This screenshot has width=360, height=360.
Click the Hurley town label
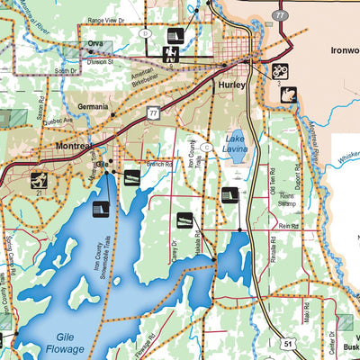231,85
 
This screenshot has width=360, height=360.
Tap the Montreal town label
74,146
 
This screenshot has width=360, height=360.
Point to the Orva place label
95,43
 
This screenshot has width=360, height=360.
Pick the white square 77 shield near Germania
153,112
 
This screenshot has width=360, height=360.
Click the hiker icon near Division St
168,55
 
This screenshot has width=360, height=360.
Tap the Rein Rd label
288,226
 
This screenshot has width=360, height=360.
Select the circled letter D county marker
145,33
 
